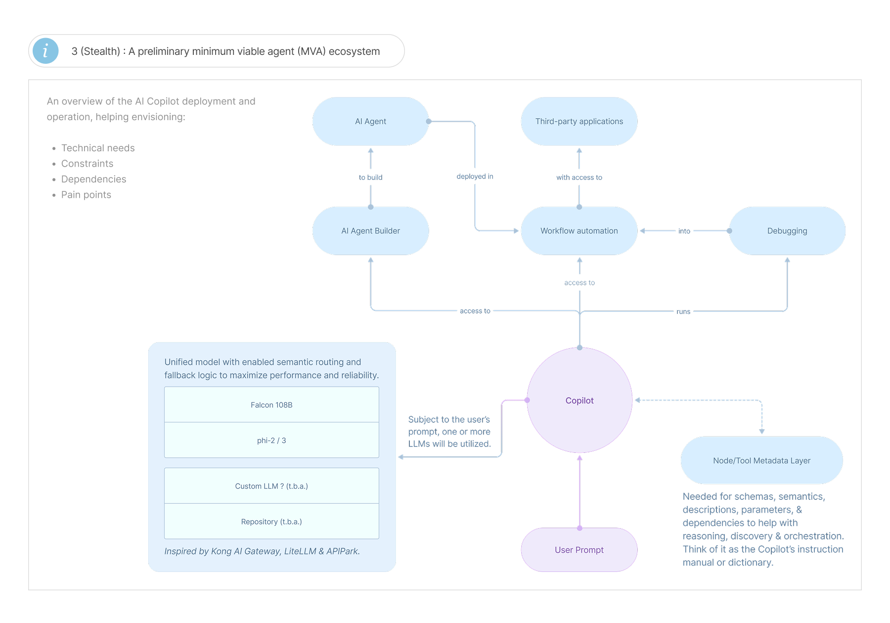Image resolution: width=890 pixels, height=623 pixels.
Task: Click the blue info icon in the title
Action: (x=45, y=51)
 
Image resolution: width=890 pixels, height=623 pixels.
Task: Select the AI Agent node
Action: (x=371, y=121)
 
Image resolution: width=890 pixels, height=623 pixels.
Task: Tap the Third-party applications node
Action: (x=579, y=121)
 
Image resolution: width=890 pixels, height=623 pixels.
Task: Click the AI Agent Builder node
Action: (x=371, y=231)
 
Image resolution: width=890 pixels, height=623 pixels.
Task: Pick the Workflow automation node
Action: (x=579, y=231)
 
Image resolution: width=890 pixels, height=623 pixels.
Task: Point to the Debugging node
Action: (x=787, y=231)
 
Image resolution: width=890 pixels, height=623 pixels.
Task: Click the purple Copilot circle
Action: (x=579, y=400)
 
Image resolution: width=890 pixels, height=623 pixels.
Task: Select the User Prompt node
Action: (x=579, y=550)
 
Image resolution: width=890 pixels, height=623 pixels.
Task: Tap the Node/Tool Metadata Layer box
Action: (x=762, y=460)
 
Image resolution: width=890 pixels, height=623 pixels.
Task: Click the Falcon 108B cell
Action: (x=271, y=405)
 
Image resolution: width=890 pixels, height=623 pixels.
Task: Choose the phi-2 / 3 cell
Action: (x=271, y=440)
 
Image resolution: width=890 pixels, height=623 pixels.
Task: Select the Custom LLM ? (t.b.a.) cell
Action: (x=271, y=486)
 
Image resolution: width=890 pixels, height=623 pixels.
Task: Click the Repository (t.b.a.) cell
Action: (x=271, y=522)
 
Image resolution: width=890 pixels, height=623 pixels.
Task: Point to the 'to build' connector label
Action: (x=371, y=178)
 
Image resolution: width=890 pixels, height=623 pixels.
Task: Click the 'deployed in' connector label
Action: (x=475, y=177)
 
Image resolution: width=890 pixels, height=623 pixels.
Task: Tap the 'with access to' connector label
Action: (x=579, y=178)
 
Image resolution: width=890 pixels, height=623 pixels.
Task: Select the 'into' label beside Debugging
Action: (x=684, y=231)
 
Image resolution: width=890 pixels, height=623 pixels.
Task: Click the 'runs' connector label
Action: (x=683, y=311)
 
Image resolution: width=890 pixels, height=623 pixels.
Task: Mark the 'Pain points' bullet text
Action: (x=86, y=195)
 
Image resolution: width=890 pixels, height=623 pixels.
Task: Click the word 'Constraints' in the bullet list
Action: (x=87, y=164)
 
